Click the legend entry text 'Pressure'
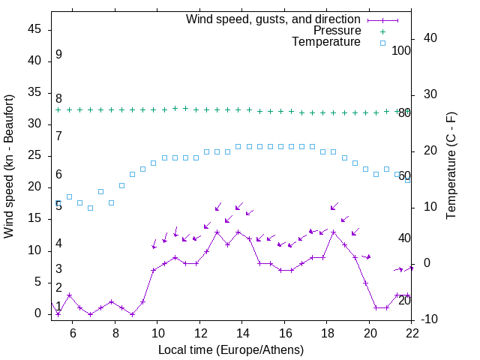(x=337, y=31)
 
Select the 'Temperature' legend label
(x=326, y=42)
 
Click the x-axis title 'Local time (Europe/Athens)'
(x=232, y=350)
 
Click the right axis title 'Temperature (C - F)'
(x=451, y=166)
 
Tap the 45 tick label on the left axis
(x=34, y=28)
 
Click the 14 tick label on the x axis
(x=242, y=332)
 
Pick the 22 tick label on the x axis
(x=412, y=332)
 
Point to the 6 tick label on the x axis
(x=73, y=332)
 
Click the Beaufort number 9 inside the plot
(x=58, y=55)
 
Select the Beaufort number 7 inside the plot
(x=58, y=136)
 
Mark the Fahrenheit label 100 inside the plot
(x=402, y=51)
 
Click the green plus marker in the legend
(x=382, y=31)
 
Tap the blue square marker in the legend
(x=382, y=43)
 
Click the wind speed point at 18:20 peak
(x=334, y=232)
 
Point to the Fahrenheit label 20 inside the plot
(x=404, y=300)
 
